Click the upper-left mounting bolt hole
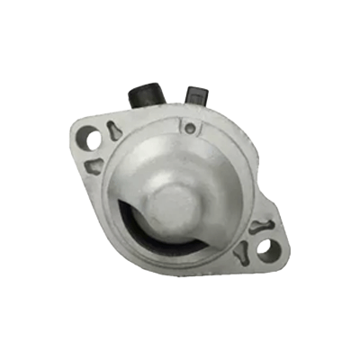pyautogui.click(x=90, y=138)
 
